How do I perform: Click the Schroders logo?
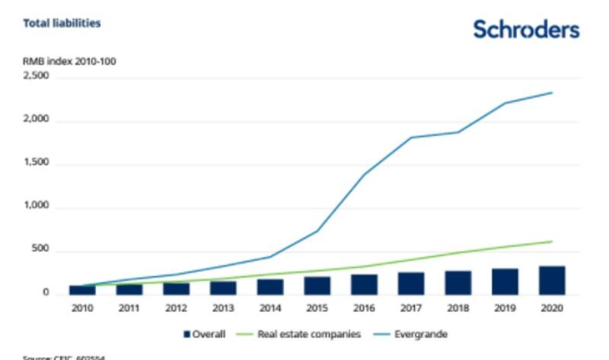526,30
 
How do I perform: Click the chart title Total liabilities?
62,24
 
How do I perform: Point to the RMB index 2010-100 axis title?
69,60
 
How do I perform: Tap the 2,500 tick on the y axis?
36,77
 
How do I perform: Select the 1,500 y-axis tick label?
36,164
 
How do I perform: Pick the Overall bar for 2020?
552,280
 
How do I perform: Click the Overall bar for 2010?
83,289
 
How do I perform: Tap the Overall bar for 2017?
411,283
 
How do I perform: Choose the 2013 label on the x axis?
223,308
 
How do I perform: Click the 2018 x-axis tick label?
458,308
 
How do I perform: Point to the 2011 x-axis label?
129,308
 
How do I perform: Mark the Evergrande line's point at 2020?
552,93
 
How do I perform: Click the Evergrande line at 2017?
411,138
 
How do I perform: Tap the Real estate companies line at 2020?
552,241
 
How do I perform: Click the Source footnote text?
65,357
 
